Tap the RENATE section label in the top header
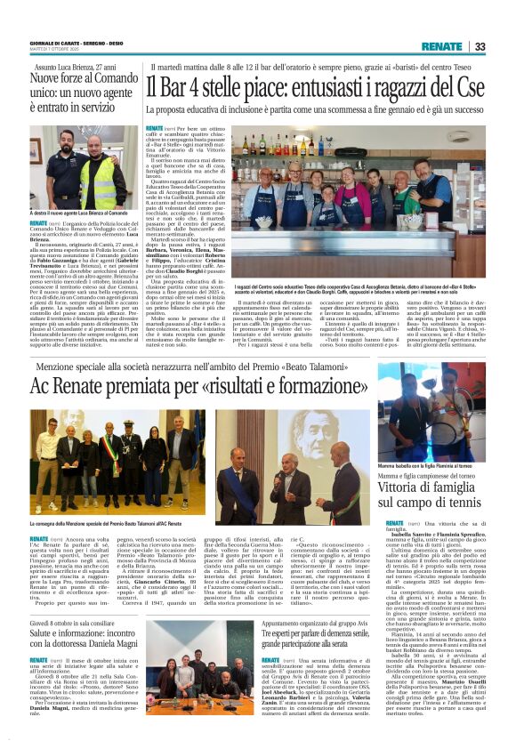pos(441,46)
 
